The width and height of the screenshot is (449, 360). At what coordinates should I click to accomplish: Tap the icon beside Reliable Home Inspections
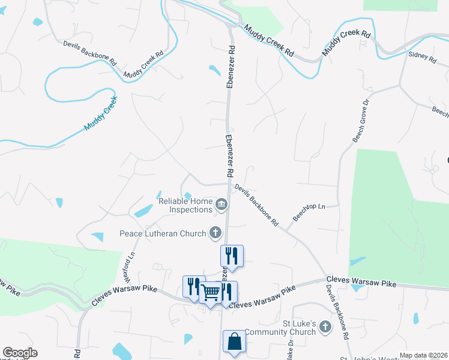[x=221, y=206]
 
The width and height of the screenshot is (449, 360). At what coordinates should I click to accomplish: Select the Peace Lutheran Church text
[x=162, y=233]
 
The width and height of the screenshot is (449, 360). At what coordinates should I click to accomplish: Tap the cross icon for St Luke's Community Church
[x=325, y=327]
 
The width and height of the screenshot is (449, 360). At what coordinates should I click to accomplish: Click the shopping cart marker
[x=210, y=293]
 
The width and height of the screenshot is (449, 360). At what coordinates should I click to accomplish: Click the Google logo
[x=20, y=353]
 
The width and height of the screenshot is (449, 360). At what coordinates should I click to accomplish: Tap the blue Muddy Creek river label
[x=100, y=113]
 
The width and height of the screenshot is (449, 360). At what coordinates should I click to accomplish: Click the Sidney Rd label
[x=422, y=57]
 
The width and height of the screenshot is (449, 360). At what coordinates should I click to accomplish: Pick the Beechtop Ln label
[x=309, y=211]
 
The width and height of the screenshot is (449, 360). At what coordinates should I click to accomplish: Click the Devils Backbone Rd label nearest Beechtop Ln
[x=256, y=205]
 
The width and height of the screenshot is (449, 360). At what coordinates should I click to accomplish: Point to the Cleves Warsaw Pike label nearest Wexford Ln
[x=124, y=296]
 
